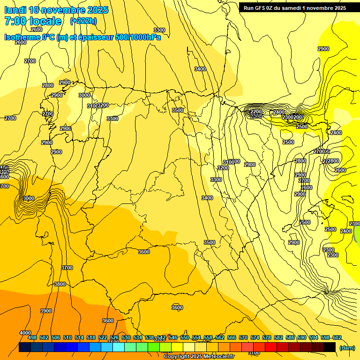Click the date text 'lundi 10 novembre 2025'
click(56, 10)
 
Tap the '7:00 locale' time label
click(33, 21)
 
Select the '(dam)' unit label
click(346, 348)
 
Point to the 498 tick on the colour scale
click(32, 337)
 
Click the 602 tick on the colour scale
click(337, 337)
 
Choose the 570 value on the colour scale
click(243, 337)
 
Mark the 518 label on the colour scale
click(91, 337)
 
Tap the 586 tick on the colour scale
click(290, 337)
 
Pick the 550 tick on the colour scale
click(185, 337)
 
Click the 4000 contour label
click(25, 333)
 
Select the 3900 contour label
click(45, 311)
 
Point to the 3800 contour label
click(60, 284)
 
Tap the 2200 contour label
click(256, 112)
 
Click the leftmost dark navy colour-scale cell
click(25, 347)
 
